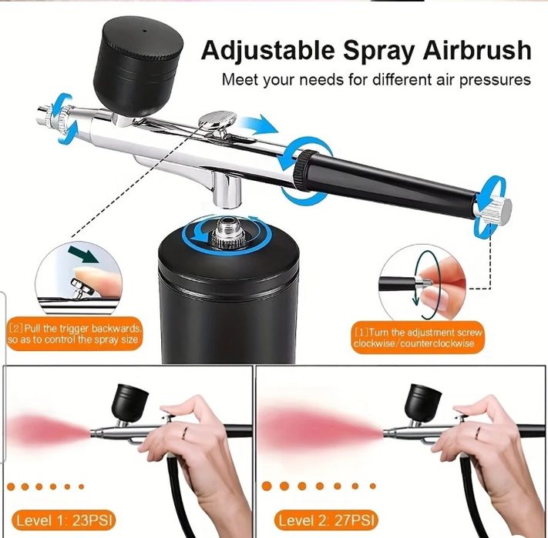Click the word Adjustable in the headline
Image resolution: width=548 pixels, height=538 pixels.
267,51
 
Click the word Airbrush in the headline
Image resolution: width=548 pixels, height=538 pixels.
477,50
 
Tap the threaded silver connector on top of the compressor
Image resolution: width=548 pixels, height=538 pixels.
226,231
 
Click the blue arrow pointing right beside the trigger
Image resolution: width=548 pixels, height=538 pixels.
258,125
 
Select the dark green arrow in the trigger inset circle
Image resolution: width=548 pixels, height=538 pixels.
84,254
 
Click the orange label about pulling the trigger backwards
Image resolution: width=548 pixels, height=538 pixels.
75,333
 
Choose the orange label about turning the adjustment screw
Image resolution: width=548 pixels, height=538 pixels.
418,338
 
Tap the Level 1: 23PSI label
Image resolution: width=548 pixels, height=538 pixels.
64,520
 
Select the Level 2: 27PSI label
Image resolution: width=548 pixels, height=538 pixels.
327,520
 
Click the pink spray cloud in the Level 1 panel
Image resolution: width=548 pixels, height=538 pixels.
49,430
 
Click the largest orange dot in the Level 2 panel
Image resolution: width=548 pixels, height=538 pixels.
267,486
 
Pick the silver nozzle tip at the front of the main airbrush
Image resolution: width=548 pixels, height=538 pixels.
45,115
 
